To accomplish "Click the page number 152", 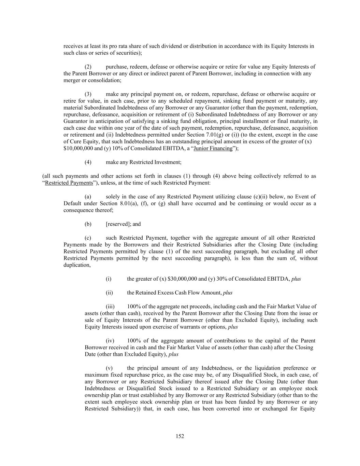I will click(180, 436).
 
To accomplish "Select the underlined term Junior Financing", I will click(213, 149).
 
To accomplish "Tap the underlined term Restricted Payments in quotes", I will click(69, 183).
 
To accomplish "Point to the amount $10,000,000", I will click(78, 149).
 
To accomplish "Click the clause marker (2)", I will click(88, 67).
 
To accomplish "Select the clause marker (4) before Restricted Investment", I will click(88, 162).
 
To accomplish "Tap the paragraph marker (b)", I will click(88, 224).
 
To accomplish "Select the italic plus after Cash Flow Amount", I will click(228, 293).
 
